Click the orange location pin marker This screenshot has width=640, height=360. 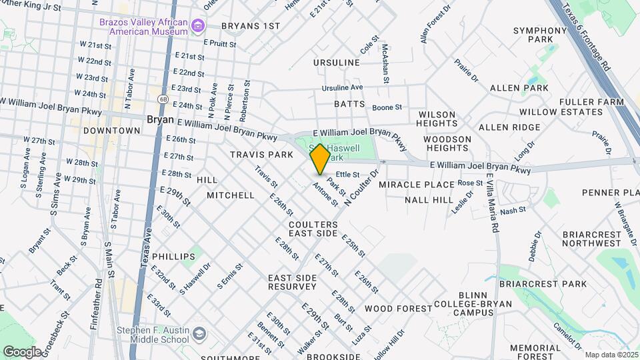(x=320, y=159)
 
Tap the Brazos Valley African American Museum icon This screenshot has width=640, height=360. (x=197, y=26)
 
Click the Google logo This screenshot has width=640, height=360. (x=22, y=351)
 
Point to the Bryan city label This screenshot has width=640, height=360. (x=160, y=119)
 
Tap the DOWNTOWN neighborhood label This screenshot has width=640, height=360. (x=111, y=131)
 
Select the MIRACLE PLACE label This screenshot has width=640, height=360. (x=411, y=184)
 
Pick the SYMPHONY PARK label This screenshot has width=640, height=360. (x=540, y=35)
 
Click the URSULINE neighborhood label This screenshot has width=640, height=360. (x=337, y=63)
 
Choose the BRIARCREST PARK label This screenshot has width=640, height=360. (x=556, y=284)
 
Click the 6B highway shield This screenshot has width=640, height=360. (x=163, y=99)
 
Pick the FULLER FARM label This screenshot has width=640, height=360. (x=587, y=102)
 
